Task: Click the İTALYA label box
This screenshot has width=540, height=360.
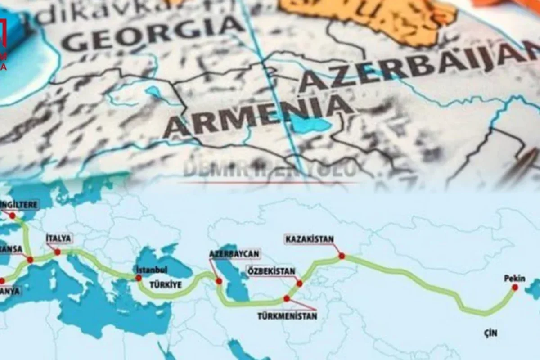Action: [58, 238]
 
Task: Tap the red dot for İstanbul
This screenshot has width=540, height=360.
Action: [139, 278]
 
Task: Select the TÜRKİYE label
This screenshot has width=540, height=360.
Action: [165, 285]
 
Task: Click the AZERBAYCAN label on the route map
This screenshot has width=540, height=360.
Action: [234, 254]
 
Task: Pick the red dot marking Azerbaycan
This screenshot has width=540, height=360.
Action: [219, 281]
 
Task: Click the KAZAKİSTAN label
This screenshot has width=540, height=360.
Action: [310, 238]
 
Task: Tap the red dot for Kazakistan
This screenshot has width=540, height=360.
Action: [342, 256]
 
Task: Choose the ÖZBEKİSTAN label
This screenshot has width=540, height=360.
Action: [271, 271]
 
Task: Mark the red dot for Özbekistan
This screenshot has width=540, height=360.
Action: [299, 283]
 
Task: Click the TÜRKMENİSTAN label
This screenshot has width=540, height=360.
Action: [287, 316]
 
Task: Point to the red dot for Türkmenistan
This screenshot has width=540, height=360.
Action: [287, 298]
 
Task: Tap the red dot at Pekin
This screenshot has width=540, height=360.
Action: [515, 287]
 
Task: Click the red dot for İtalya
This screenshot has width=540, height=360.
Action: [58, 252]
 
